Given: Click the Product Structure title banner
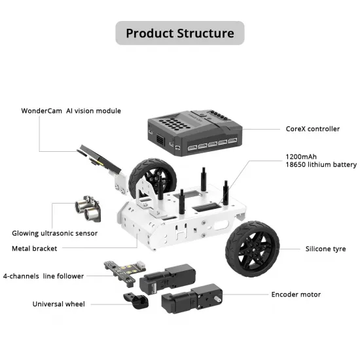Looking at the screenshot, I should point(179,33).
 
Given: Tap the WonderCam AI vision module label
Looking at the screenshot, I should point(71,111).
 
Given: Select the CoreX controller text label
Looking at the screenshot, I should point(313,129).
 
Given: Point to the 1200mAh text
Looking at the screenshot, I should point(300,157).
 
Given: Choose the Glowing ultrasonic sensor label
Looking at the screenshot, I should point(54,233).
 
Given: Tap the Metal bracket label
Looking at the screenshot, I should point(34,248).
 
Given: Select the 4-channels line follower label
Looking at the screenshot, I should point(44,276).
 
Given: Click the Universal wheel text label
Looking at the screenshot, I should point(59,304).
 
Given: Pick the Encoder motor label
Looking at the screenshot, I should point(296,295).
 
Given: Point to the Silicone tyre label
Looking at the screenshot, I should point(325,249).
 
